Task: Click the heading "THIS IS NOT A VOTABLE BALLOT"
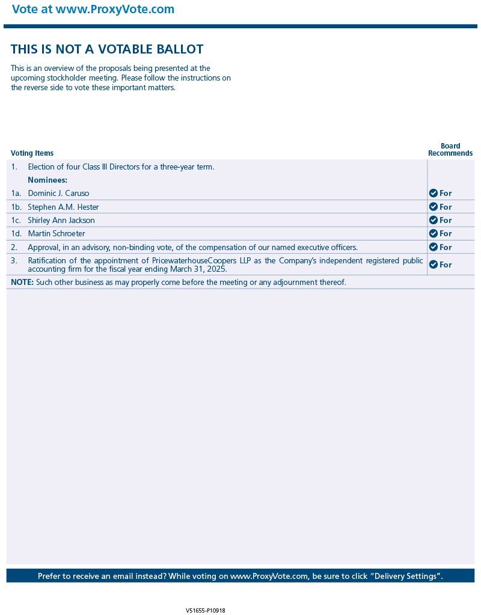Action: [107, 49]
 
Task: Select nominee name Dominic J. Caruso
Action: [58, 194]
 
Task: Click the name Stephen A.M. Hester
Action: [63, 207]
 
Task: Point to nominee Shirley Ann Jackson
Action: [61, 220]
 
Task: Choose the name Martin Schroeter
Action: [57, 233]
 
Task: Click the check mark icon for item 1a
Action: [433, 193]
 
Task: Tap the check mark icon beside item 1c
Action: [433, 220]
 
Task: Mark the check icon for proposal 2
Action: [433, 247]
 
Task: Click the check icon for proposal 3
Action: [433, 265]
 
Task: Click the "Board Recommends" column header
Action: [450, 150]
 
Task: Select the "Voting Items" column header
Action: [32, 153]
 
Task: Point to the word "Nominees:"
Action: [47, 180]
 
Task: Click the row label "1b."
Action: [16, 207]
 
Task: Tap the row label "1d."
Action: [16, 233]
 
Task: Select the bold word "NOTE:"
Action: [22, 282]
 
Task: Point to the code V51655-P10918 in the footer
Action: [206, 610]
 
